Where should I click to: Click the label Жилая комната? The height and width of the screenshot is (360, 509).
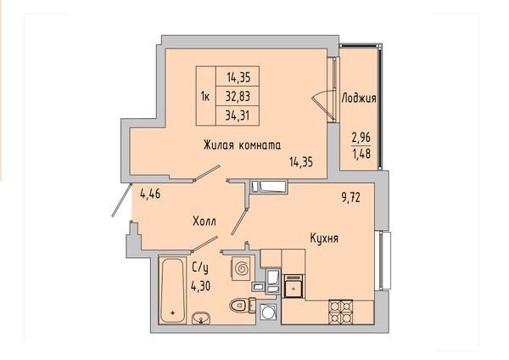point(242,145)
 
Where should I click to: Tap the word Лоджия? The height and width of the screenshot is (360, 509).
point(359,98)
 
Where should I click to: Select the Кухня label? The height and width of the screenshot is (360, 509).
point(324,239)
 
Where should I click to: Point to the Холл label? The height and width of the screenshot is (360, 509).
point(204,222)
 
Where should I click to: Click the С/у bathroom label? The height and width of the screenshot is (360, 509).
point(200,268)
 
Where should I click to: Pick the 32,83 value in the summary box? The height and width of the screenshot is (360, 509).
point(238,97)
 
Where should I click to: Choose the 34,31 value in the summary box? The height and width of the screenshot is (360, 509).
point(238,115)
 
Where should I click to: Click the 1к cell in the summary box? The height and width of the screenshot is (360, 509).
point(205,97)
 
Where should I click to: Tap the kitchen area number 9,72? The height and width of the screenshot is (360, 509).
point(351,197)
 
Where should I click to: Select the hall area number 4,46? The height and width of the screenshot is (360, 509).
point(150,195)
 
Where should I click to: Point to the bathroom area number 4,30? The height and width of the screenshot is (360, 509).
point(200,286)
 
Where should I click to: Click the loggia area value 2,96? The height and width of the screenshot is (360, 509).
point(361,138)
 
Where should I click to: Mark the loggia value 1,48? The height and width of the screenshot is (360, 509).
point(361,154)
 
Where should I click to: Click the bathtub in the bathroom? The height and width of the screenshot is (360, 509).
point(173,290)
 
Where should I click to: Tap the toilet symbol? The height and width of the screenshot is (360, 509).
point(242,305)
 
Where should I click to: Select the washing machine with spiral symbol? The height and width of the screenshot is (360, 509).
point(241,268)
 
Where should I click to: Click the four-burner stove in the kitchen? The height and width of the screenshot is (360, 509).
point(340,312)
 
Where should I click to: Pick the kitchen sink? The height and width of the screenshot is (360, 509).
point(294,286)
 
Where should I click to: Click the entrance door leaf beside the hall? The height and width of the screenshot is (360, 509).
point(121,200)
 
